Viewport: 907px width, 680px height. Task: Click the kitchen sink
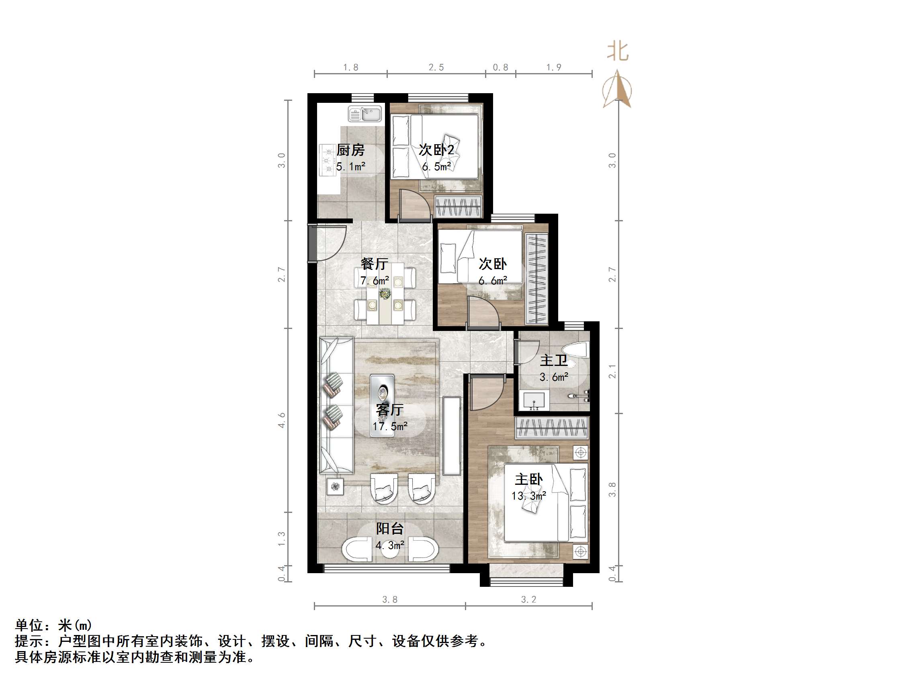coord(364,114)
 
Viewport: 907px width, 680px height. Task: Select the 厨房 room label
coord(350,150)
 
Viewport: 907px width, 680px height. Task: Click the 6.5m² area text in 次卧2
coord(437,167)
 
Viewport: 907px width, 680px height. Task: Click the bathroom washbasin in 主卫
coord(534,400)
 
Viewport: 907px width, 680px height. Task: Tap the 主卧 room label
coord(528,479)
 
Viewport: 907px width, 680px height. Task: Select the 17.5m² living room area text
coord(389,426)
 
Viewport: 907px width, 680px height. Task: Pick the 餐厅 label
coord(374,263)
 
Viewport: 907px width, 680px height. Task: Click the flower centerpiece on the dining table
coord(385,294)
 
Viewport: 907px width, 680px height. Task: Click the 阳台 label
coord(389,529)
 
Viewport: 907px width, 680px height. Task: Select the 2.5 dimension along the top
coord(436,67)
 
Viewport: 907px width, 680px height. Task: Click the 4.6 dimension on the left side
coord(282,420)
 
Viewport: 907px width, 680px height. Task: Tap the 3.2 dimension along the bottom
coord(528,600)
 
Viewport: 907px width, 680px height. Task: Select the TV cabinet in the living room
coord(452,435)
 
